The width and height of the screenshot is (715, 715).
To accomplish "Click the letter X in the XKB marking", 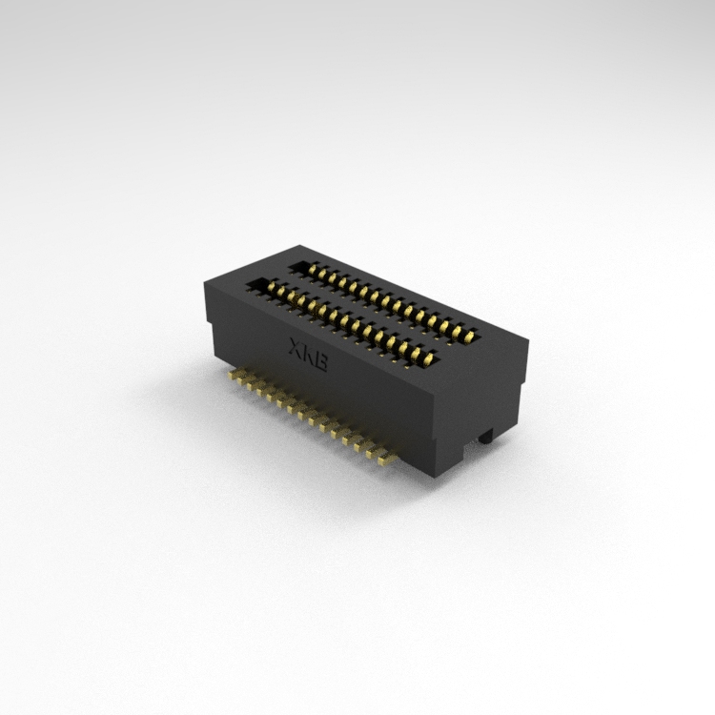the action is (x=296, y=346).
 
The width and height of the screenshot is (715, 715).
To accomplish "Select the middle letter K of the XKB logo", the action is (x=308, y=354).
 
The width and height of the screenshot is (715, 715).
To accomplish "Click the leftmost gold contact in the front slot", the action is (x=273, y=287).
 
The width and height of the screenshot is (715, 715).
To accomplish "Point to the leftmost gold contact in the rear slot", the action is (x=312, y=270).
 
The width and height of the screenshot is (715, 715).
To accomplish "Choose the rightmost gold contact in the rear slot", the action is (x=467, y=337).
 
